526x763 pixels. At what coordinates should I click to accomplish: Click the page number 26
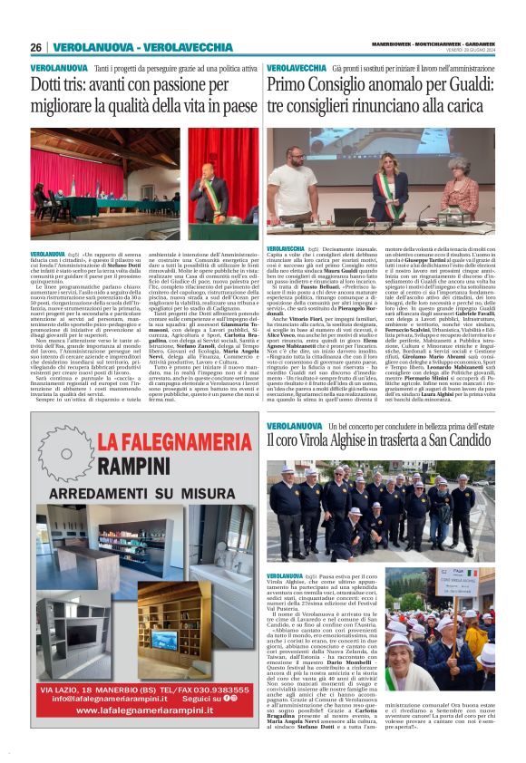[36, 47]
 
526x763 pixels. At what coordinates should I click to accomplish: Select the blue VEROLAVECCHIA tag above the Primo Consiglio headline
[297, 68]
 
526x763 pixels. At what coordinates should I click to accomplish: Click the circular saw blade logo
[65, 450]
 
